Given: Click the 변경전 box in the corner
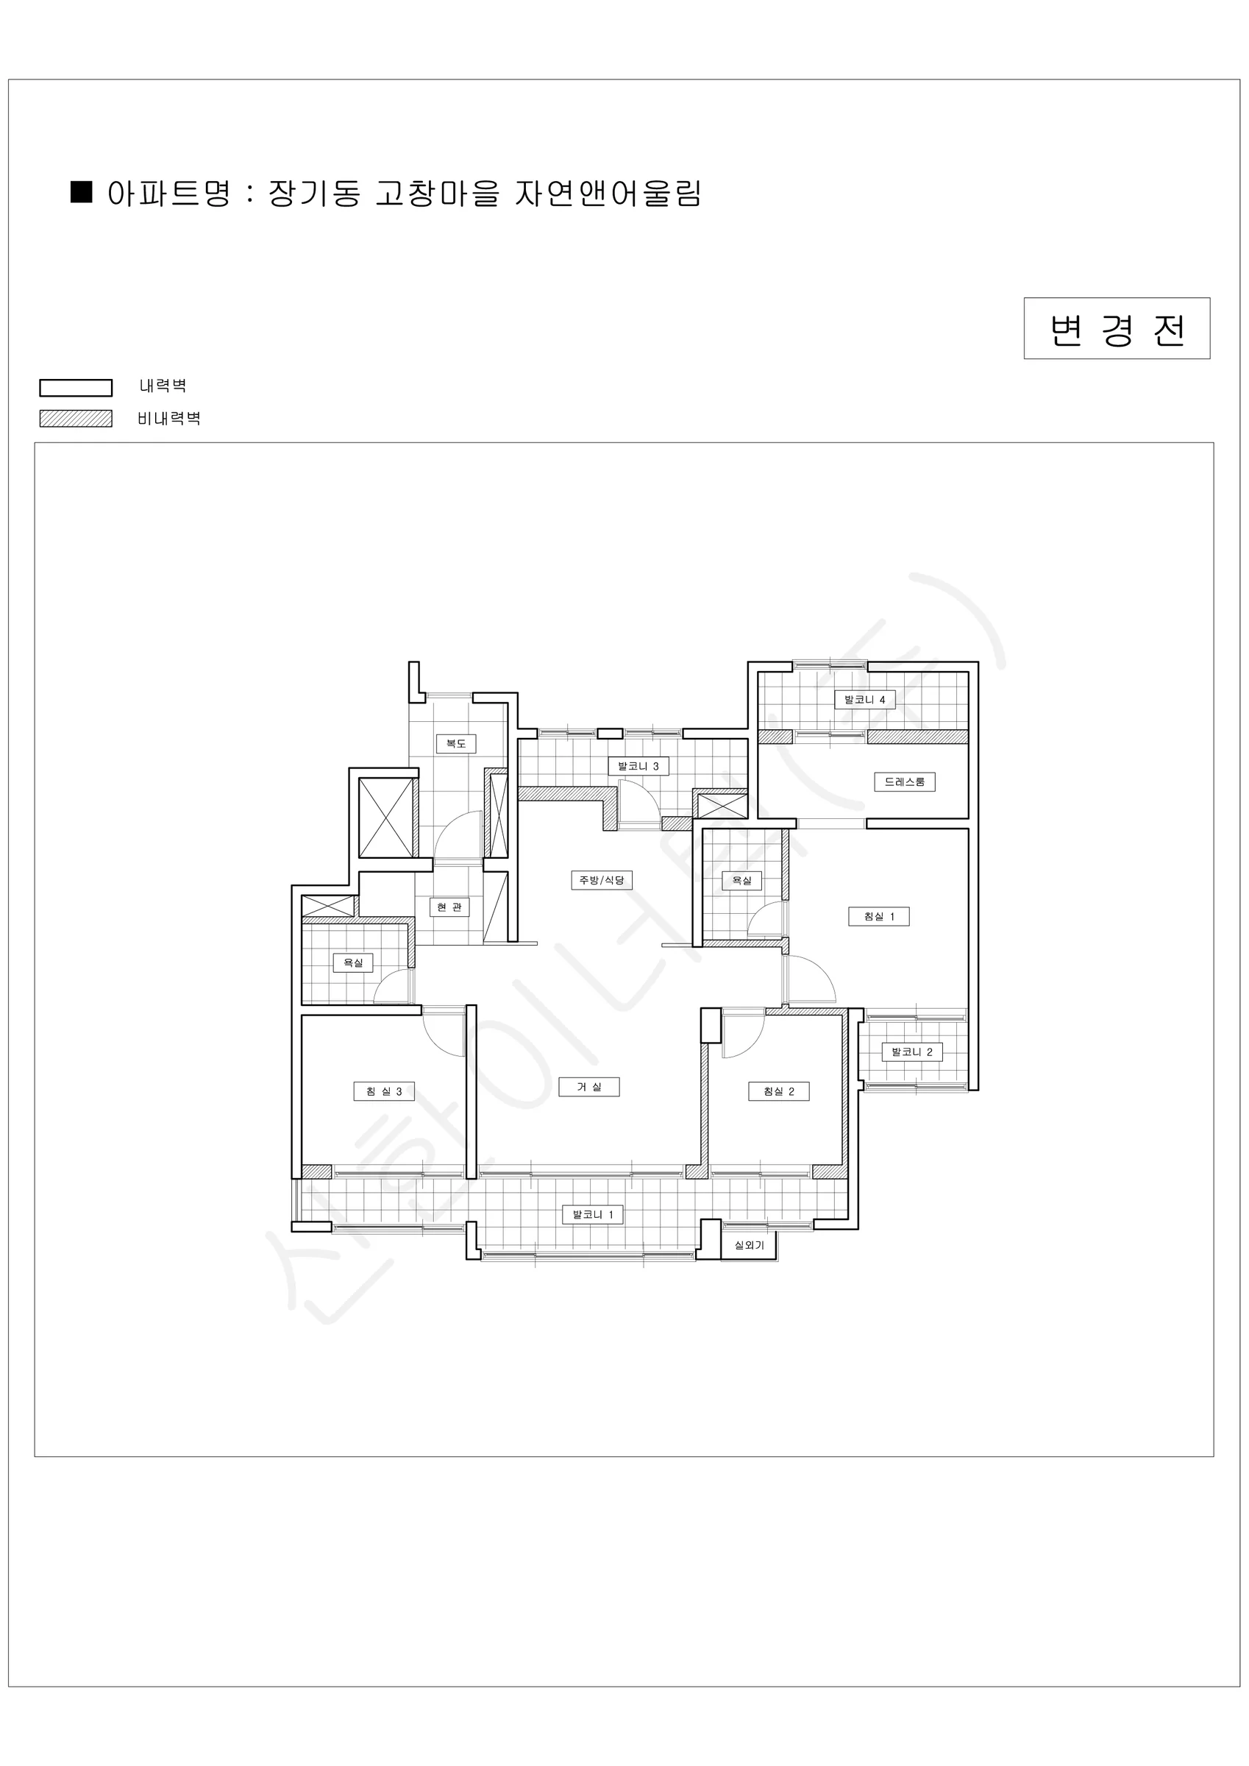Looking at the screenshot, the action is [1116, 328].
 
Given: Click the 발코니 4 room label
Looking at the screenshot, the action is [864, 700].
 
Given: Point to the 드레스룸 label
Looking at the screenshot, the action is [905, 782].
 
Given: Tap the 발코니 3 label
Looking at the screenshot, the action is [638, 766].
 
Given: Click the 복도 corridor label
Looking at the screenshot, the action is [456, 744].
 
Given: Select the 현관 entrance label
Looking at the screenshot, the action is [449, 907].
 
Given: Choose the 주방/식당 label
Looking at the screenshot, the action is [602, 880].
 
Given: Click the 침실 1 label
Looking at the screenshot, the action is [879, 917].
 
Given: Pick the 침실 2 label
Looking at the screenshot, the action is [779, 1091].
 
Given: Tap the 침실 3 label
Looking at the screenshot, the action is [384, 1091].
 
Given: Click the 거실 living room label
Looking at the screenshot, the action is [589, 1087].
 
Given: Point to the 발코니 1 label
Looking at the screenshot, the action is [593, 1215].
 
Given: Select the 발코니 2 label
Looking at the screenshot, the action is [912, 1052].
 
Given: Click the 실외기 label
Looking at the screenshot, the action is [749, 1245].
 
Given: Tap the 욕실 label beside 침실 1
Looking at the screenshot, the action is [741, 881].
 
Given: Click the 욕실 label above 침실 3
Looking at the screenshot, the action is [353, 963].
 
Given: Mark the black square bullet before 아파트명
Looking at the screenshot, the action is [82, 192].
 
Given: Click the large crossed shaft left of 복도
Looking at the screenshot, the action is [386, 818].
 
